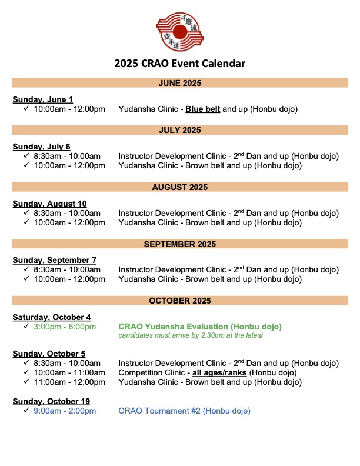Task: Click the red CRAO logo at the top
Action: (x=180, y=33)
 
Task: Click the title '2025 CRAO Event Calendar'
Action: (x=180, y=64)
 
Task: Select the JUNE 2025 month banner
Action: (x=180, y=83)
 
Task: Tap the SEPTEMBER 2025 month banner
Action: (x=180, y=244)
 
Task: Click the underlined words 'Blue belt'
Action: (x=203, y=109)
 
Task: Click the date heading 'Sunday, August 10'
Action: (x=49, y=204)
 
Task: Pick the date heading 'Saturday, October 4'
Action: (x=52, y=317)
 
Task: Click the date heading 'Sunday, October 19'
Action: (x=51, y=402)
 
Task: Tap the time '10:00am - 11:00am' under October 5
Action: (x=69, y=372)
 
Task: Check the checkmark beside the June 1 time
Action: (x=26, y=109)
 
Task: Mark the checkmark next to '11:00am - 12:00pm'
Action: (x=26, y=382)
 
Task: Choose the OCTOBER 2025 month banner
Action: (x=180, y=301)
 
